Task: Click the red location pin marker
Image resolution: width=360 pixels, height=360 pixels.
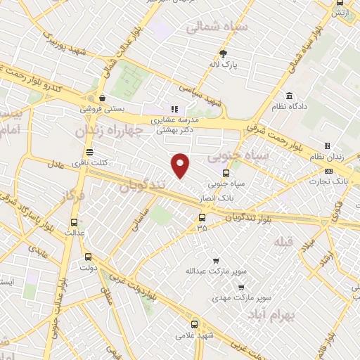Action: (x=181, y=165)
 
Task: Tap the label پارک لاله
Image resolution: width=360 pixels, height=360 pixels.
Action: (x=224, y=65)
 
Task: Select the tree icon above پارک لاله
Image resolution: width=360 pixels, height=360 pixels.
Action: (x=224, y=53)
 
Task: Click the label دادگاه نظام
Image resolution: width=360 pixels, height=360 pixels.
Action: (x=289, y=107)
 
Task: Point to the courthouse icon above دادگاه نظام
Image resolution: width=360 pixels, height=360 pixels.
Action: (x=289, y=96)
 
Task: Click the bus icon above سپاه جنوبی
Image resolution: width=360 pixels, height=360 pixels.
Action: (x=226, y=173)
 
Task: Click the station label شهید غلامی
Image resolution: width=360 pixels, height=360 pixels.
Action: (x=195, y=336)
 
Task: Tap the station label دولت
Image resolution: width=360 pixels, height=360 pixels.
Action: (x=88, y=268)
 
